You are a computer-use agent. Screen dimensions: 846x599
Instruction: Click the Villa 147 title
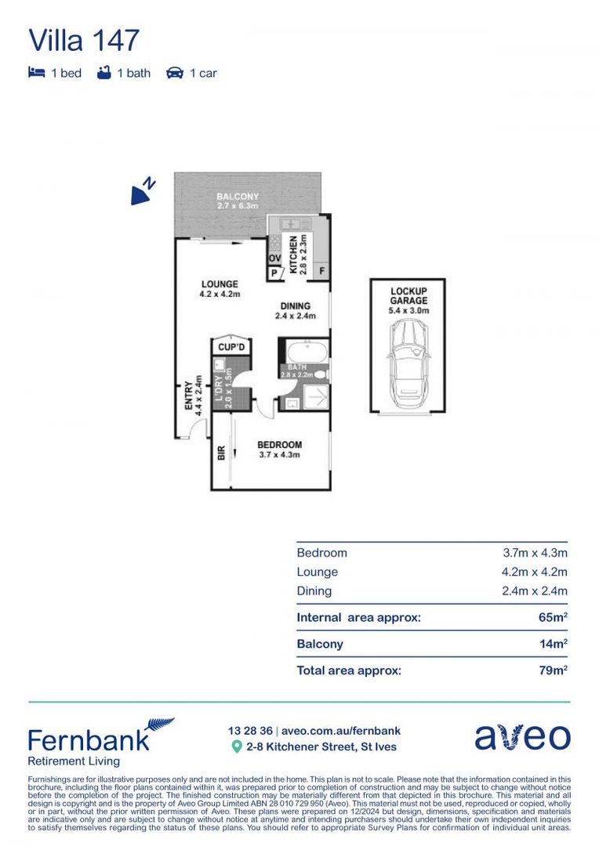tap(84, 39)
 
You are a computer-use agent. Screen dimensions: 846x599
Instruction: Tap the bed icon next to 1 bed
tap(36, 73)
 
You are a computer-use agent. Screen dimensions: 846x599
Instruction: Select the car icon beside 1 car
tap(174, 73)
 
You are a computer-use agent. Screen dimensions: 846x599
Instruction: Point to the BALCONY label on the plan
tap(238, 197)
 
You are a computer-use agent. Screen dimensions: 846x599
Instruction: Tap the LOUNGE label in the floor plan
tap(220, 284)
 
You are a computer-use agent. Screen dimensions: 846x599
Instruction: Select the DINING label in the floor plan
tap(295, 306)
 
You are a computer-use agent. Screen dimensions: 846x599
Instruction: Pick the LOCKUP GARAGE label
tap(408, 295)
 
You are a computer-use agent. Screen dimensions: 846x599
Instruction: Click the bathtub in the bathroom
tap(303, 351)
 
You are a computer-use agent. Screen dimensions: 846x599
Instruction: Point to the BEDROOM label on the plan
tap(279, 445)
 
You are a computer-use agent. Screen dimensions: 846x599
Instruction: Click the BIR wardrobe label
tap(221, 452)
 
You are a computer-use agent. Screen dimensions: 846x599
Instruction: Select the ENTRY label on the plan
tap(188, 396)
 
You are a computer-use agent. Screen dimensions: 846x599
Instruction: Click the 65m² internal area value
tap(553, 617)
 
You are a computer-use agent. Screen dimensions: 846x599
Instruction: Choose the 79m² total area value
tap(553, 671)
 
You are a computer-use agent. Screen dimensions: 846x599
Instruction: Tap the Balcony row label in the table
tap(320, 644)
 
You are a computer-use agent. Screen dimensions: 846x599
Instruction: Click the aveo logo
tap(522, 737)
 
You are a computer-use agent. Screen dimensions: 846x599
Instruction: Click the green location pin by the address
tap(237, 747)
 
